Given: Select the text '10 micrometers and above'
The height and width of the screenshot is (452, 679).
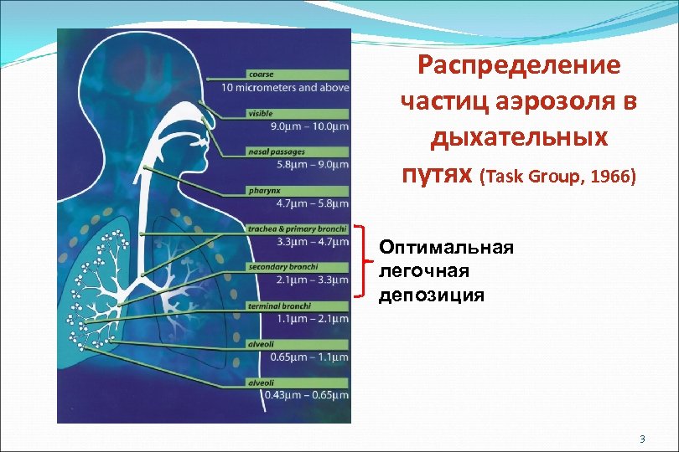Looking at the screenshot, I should pos(286,87).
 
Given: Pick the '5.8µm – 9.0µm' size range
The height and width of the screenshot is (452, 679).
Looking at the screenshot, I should pos(311,164).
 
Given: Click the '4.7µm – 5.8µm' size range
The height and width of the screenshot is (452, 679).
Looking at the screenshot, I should pos(311,203).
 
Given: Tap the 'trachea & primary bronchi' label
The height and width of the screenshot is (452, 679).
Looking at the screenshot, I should pos(298,229).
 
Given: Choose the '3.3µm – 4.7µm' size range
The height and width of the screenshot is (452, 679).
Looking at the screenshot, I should pos(311,242).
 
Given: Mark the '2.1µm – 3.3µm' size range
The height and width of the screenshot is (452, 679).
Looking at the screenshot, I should pos(311,280).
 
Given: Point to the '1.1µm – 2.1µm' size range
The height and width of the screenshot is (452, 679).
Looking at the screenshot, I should pos(311,319).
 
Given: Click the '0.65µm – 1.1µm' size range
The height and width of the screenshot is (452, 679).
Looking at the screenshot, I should pos(309,357).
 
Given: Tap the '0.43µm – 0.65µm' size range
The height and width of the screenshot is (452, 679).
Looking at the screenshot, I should pos(306,395).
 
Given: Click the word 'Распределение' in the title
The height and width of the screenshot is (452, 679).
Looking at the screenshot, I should pos(519,65).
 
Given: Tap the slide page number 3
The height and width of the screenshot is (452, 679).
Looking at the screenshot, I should pos(641,439).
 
